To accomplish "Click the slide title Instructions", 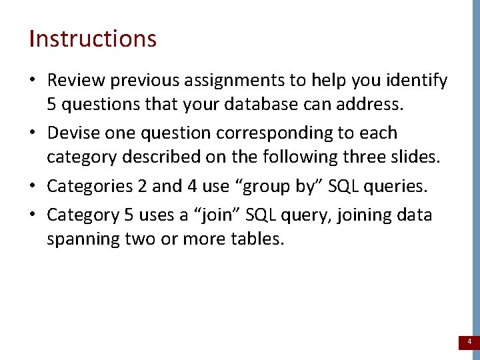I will coord(93,39).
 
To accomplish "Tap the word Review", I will coord(76,81).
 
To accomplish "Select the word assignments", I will coord(239,81).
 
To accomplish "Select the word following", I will coord(277,157).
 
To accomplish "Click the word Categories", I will coord(88,186).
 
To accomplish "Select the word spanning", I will coord(82,239).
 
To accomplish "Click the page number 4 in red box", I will coord(469,342).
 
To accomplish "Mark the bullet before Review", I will coord(32,81).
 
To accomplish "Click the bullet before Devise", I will coord(32,133).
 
